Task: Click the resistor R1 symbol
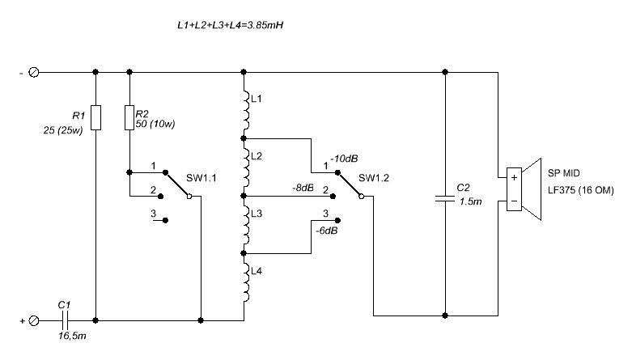[95, 118]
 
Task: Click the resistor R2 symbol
[129, 118]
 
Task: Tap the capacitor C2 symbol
[444, 197]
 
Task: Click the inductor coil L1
[244, 106]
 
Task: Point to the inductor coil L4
[244, 276]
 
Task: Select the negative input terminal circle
[34, 72]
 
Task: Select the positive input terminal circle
[34, 320]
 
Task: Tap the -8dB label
[303, 188]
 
